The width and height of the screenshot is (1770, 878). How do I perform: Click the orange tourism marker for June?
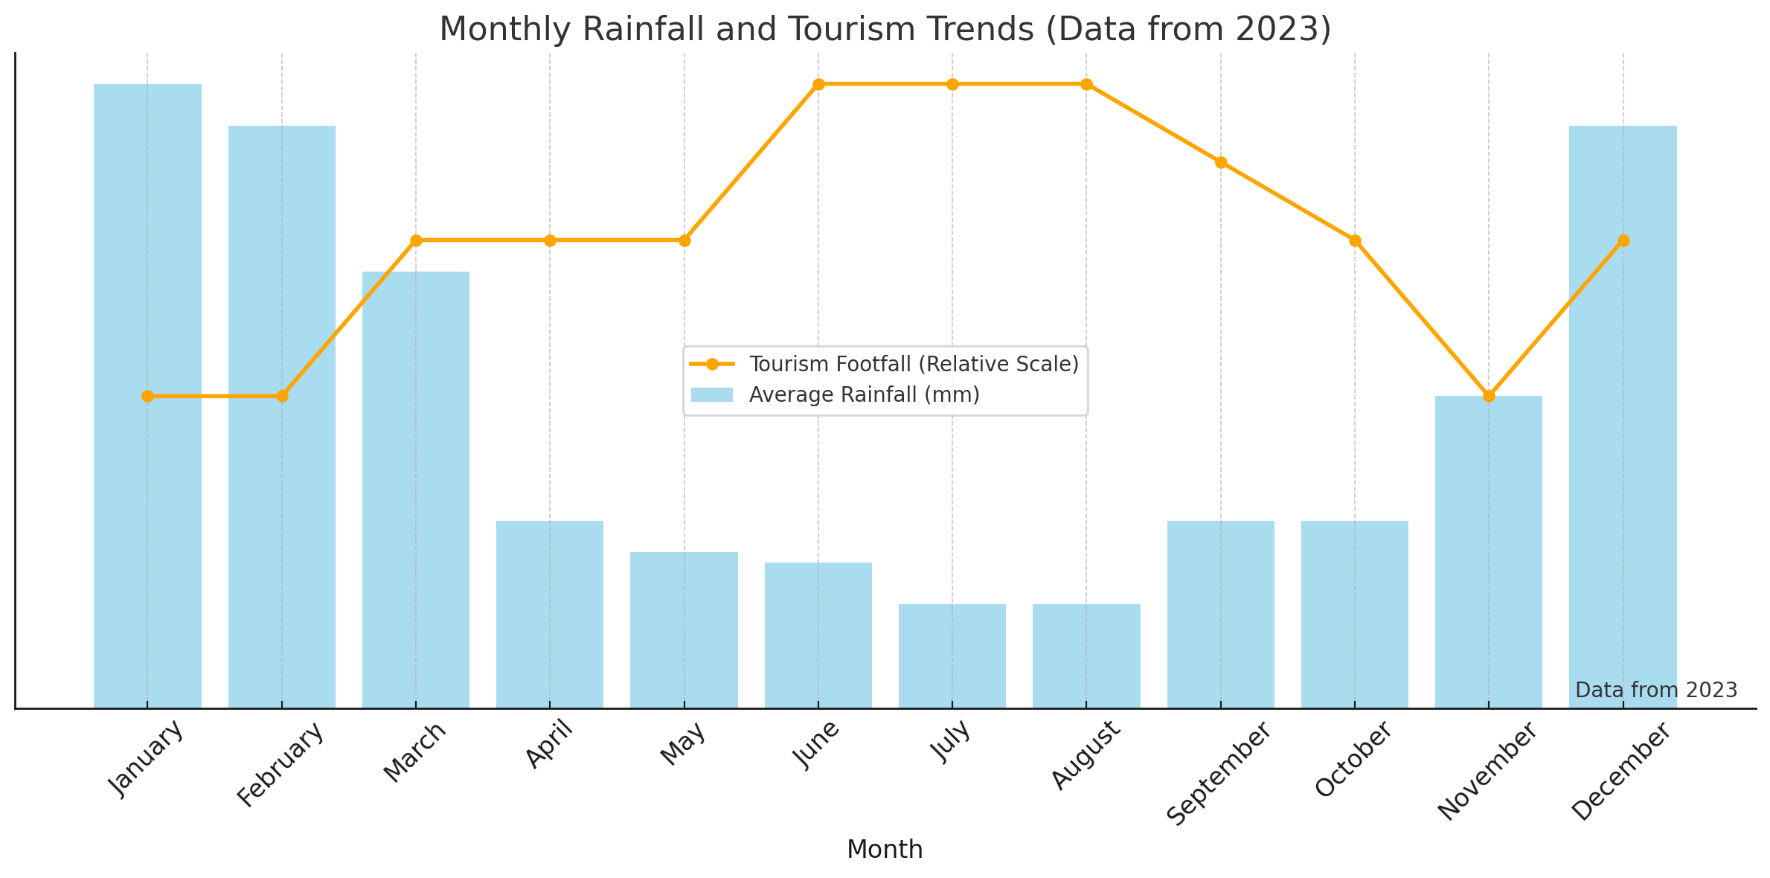coord(818,84)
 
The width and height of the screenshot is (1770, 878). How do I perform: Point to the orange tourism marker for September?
coord(1221,162)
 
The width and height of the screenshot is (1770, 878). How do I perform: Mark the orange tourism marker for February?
coord(282,396)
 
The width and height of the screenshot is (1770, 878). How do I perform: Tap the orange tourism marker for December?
coord(1623,240)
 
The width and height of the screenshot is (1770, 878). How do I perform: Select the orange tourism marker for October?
coord(1355,240)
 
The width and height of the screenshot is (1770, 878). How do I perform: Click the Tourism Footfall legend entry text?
coord(914,365)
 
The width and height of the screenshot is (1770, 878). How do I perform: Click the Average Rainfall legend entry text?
coord(864,395)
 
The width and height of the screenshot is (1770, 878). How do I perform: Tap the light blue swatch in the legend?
coord(711,395)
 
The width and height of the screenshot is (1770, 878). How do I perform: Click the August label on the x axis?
coord(1086,754)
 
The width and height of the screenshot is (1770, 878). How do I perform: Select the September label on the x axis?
coord(1219,774)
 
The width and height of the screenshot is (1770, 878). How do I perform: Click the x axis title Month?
coord(885,850)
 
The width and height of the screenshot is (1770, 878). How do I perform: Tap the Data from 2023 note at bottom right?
coord(1656,690)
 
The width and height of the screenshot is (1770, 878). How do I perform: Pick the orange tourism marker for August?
coord(1086,84)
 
